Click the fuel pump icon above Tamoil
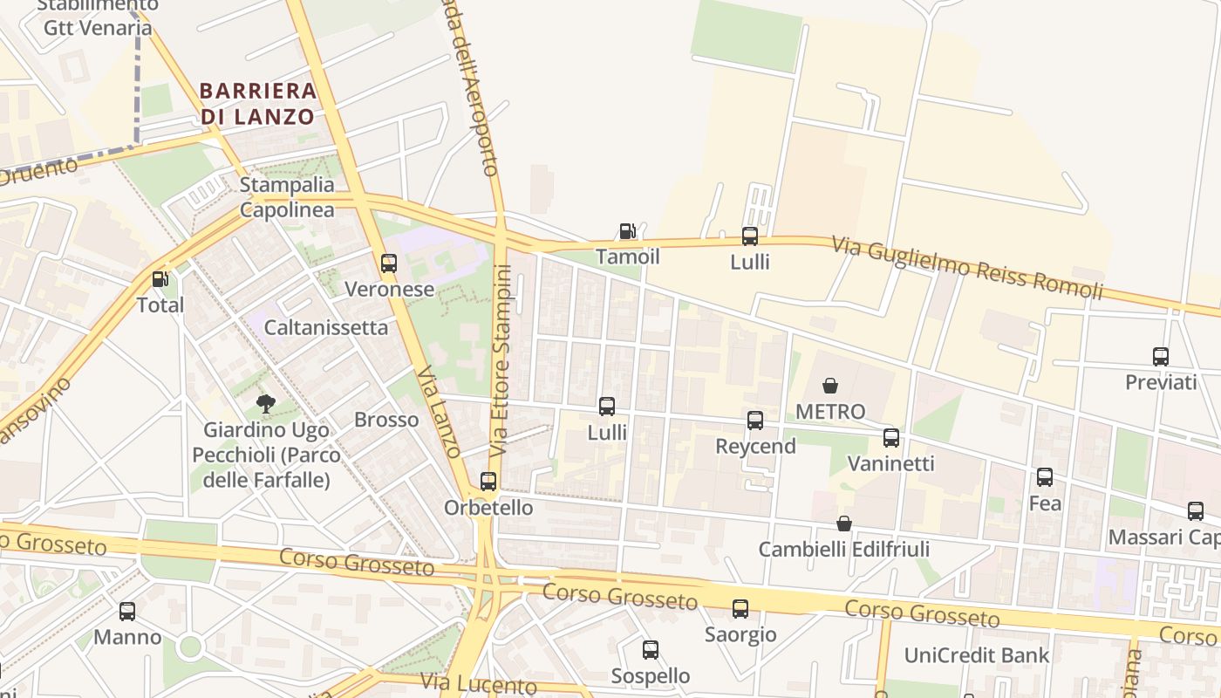click(627, 231)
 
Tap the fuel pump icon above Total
click(160, 279)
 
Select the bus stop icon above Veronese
click(389, 263)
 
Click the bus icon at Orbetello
click(488, 482)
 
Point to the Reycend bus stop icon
click(755, 421)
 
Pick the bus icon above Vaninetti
click(891, 438)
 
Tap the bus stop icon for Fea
click(1045, 477)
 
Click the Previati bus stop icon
click(1161, 357)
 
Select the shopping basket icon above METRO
click(830, 386)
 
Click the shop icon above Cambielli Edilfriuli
click(844, 523)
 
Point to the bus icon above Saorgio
click(740, 609)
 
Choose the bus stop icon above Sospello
click(651, 650)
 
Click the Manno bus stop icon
click(127, 612)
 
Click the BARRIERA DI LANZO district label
click(257, 103)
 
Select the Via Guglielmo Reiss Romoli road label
click(967, 266)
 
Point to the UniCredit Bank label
click(977, 655)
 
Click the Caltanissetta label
click(326, 328)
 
